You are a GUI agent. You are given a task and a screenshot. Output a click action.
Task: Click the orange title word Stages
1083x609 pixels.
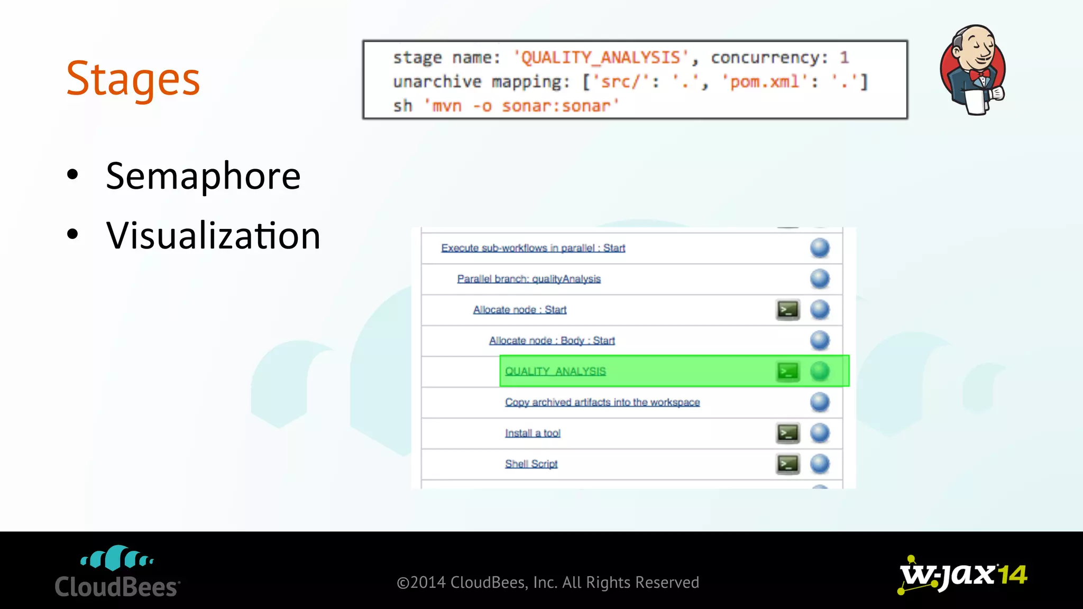click(133, 79)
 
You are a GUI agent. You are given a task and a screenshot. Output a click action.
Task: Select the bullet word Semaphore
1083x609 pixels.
click(203, 176)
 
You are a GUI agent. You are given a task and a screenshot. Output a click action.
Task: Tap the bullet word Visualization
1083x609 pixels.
click(213, 236)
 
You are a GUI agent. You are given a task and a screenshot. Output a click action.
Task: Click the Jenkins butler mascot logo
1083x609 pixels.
click(973, 70)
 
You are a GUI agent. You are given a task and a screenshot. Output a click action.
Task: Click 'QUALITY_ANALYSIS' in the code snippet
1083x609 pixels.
click(601, 57)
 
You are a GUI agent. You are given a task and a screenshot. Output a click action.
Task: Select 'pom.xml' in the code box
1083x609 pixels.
click(765, 81)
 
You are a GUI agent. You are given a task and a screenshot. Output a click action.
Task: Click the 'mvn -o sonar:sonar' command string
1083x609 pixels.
click(521, 106)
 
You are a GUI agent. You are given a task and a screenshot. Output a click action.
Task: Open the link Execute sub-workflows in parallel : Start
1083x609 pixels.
click(533, 248)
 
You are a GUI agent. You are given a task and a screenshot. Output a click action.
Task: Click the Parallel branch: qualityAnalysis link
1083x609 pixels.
click(529, 279)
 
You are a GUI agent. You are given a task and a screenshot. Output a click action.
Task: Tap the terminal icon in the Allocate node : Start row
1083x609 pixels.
click(787, 310)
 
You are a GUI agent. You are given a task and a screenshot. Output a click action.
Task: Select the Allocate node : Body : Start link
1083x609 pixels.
click(552, 340)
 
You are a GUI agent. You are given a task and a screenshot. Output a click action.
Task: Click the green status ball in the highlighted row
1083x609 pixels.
click(820, 371)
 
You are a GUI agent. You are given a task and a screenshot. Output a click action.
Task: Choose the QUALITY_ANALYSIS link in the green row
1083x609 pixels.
click(555, 371)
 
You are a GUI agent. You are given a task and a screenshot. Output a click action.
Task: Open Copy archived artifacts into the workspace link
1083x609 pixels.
click(602, 402)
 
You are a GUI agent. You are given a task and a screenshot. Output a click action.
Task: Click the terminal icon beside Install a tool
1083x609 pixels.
click(787, 433)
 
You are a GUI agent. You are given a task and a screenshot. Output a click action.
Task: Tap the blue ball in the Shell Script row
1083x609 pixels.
click(820, 464)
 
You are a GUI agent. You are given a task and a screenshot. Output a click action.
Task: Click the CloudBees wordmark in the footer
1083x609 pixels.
click(117, 587)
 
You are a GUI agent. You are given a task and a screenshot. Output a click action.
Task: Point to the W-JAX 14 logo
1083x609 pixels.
click(962, 575)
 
